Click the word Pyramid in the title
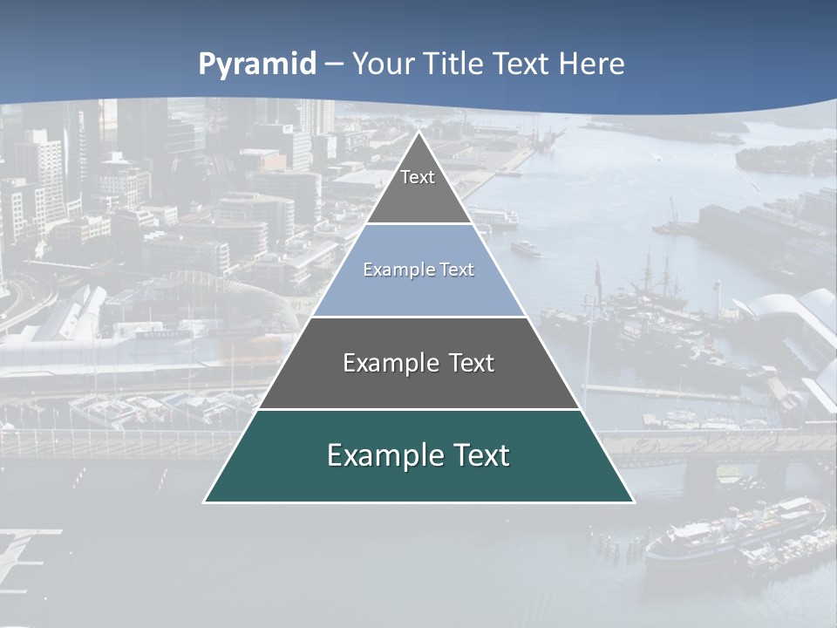(257, 65)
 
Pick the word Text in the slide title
(521, 65)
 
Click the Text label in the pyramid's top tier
(418, 177)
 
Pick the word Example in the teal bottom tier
(384, 455)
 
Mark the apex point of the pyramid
(418, 132)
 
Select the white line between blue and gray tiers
(418, 317)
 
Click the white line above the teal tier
(418, 409)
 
